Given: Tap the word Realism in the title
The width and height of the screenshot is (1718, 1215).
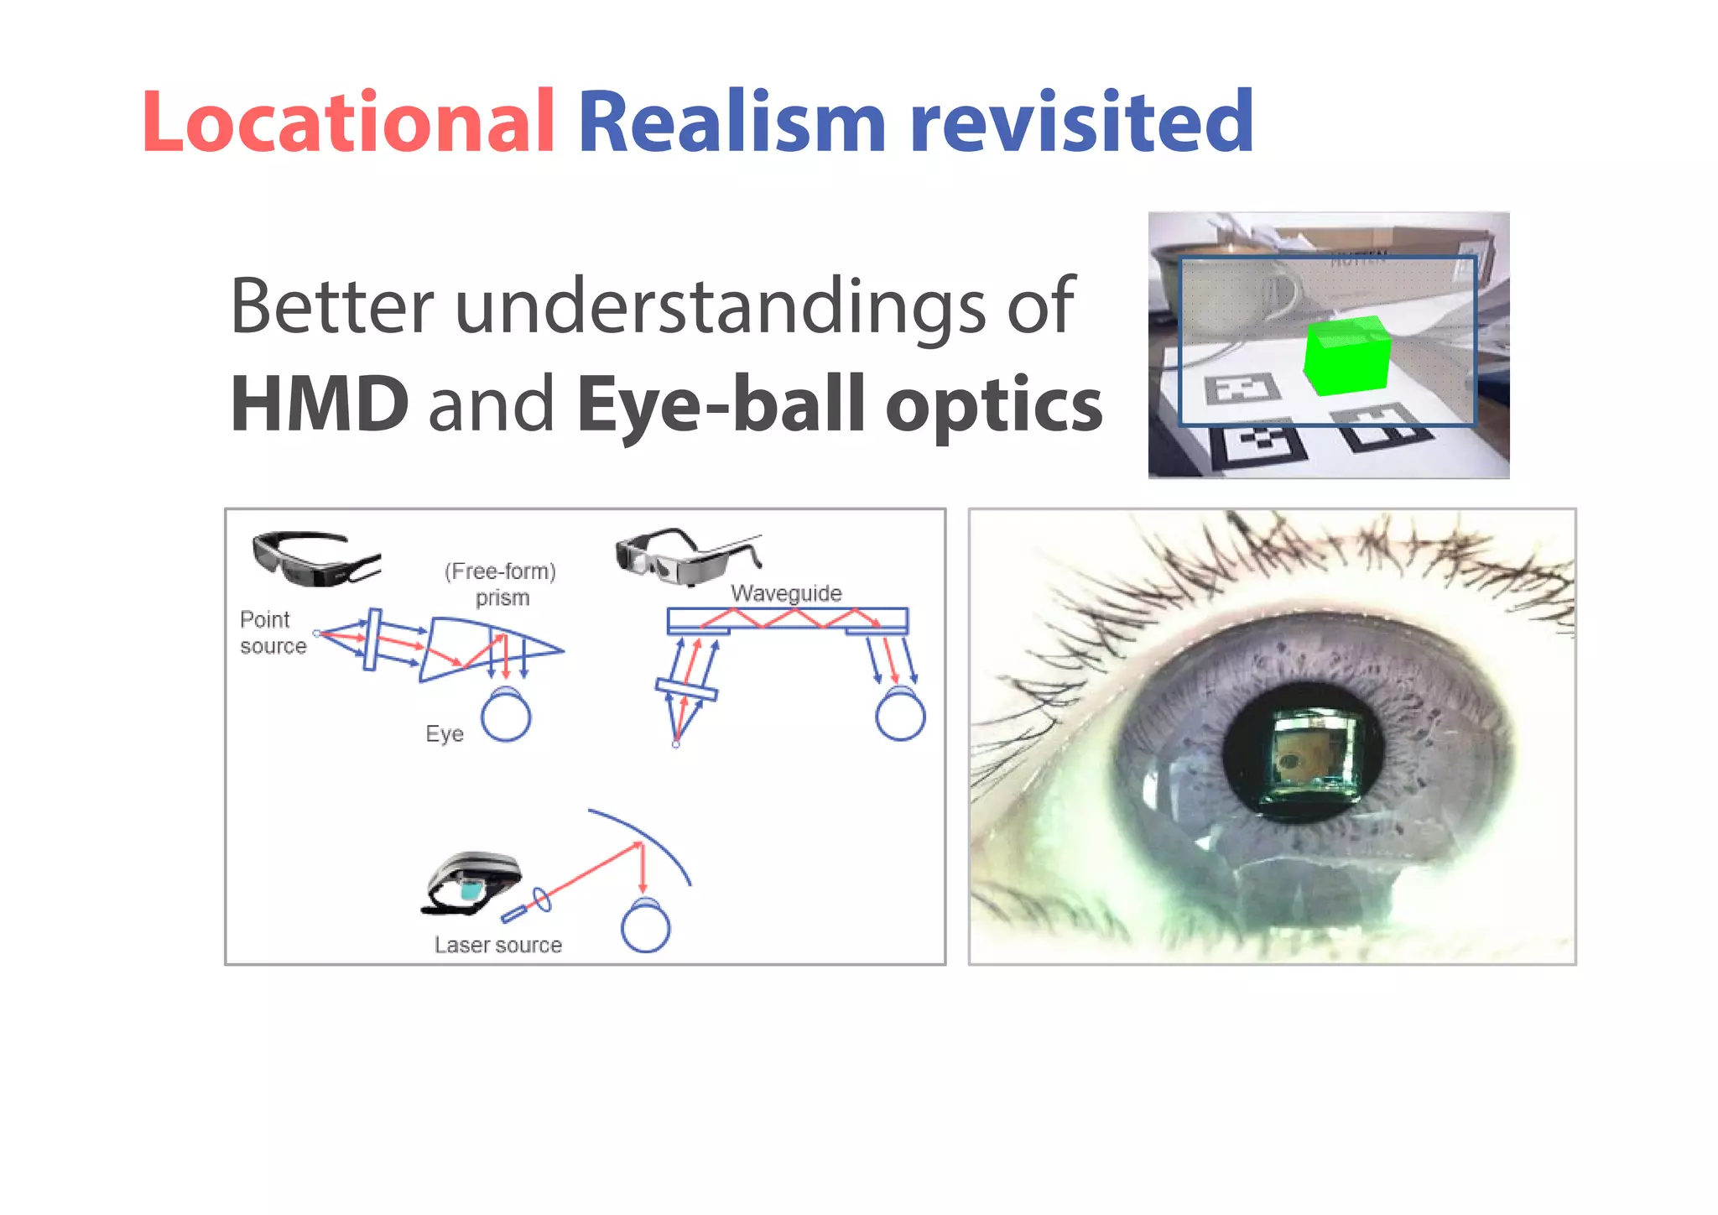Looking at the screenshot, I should coord(731,123).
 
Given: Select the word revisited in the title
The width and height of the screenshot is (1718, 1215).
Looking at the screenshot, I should coord(1081,123).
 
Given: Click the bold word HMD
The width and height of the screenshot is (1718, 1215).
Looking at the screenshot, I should coord(320,405).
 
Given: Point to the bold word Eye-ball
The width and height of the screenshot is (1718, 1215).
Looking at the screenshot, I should coord(721,405).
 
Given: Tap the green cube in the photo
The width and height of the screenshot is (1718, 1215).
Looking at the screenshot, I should coord(1347,356).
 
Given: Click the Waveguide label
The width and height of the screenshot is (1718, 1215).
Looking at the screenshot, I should coord(786,593).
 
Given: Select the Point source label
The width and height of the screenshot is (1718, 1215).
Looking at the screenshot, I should coord(273,633).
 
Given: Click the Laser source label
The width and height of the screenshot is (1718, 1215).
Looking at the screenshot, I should coord(497,945).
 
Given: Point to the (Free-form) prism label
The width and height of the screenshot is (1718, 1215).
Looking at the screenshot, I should coord(501,584).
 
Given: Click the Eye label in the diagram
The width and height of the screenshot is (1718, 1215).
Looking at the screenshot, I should coord(445,734).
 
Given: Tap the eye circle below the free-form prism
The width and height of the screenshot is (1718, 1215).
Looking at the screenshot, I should coord(506,717).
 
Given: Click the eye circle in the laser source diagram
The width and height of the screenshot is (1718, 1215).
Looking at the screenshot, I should coord(645,927).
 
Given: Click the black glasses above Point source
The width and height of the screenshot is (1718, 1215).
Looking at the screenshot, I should coord(315,557).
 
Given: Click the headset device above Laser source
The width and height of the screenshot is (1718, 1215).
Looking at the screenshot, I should coord(471,882).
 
